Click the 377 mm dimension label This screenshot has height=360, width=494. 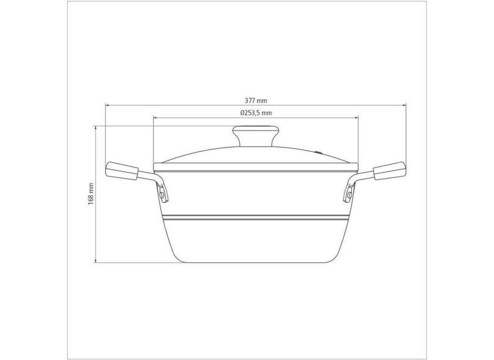click(x=256, y=100)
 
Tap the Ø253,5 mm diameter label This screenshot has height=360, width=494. click(x=256, y=113)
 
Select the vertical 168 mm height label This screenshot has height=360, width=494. click(x=91, y=194)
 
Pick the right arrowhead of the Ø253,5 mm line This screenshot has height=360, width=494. click(x=357, y=118)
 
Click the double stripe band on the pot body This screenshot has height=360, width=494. click(x=256, y=217)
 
